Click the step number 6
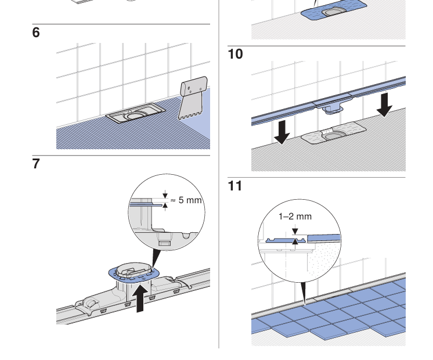pyautogui.click(x=36, y=33)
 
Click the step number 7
pyautogui.click(x=36, y=164)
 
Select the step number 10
pyautogui.click(x=235, y=55)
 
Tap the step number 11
pyautogui.click(x=235, y=186)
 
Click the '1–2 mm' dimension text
pyautogui.click(x=295, y=217)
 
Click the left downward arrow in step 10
pyautogui.click(x=282, y=131)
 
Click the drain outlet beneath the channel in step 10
pyautogui.click(x=332, y=107)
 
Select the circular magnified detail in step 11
pyautogui.click(x=298, y=242)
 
